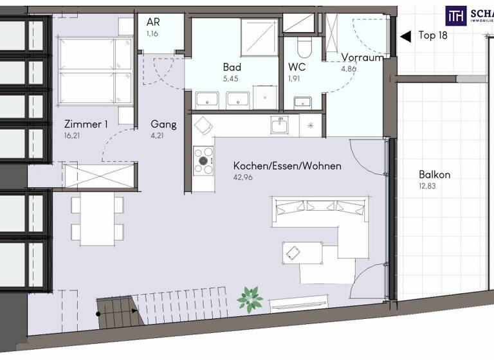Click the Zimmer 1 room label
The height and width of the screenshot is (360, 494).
pyautogui.click(x=86, y=125)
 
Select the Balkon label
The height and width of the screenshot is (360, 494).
pyautogui.click(x=434, y=174)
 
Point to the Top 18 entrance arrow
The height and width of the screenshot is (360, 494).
pyautogui.click(x=405, y=37)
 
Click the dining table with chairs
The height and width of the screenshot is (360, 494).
pyautogui.click(x=97, y=219)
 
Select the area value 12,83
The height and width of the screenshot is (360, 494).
pyautogui.click(x=427, y=186)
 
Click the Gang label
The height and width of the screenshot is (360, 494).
pyautogui.click(x=163, y=125)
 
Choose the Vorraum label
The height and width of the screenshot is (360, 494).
pyautogui.click(x=362, y=57)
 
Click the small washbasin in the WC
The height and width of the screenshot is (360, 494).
pyautogui.click(x=302, y=102)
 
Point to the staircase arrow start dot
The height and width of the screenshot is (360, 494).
pyautogui.click(x=98, y=314)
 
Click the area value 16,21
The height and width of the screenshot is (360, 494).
pyautogui.click(x=72, y=136)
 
